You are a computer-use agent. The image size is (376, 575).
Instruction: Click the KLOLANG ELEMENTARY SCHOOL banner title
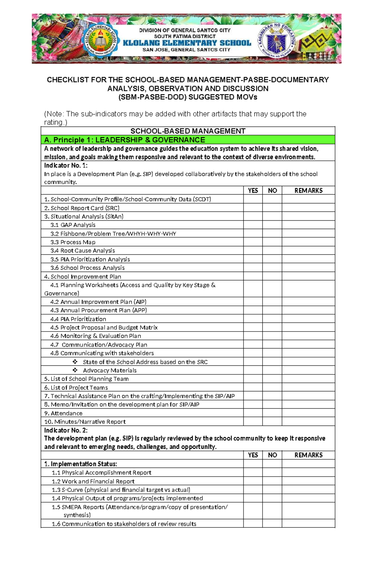(x=187, y=43)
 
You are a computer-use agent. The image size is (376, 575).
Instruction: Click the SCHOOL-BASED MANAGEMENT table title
(x=188, y=131)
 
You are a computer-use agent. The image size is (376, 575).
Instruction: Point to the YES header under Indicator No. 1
(x=253, y=191)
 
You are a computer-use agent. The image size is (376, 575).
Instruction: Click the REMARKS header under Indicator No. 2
(x=308, y=455)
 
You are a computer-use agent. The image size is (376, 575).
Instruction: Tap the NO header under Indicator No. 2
(x=272, y=455)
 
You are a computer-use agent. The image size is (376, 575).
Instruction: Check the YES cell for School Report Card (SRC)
(x=253, y=208)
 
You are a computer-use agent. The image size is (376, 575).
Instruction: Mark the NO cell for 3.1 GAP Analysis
(x=272, y=225)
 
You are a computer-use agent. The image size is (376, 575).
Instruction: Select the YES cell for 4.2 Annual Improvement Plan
(x=253, y=302)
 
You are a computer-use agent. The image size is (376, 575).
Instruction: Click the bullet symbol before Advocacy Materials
(x=75, y=370)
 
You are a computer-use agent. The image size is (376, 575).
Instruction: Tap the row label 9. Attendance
(x=63, y=413)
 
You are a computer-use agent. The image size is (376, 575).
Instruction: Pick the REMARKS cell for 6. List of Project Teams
(x=308, y=387)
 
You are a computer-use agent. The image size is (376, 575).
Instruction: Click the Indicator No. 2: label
(x=66, y=430)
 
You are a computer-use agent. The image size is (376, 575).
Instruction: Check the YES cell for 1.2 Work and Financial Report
(x=253, y=481)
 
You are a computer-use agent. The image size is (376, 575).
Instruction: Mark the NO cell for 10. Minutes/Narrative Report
(x=272, y=421)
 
